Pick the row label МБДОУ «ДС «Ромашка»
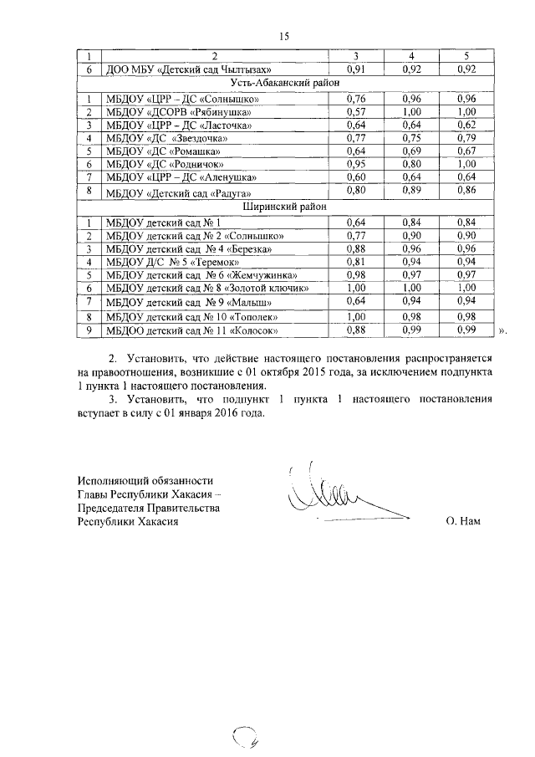(162, 151)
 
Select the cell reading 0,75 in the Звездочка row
(410, 137)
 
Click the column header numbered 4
(410, 55)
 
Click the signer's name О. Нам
(464, 521)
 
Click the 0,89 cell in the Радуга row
(410, 192)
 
